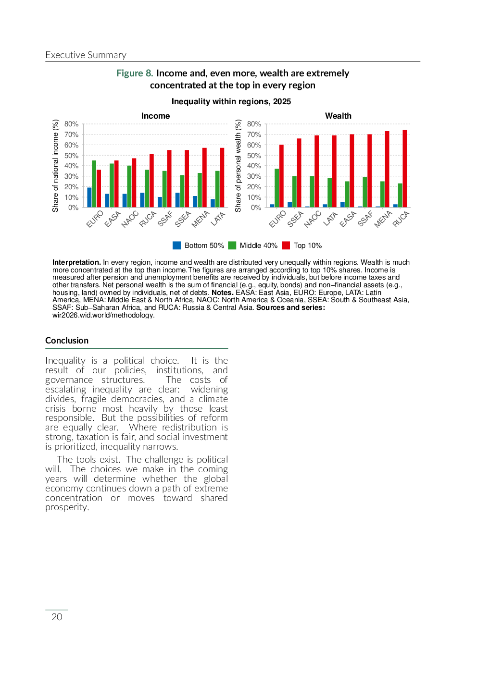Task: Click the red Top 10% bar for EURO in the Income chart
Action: pos(99,189)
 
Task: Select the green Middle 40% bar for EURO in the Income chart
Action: pos(94,184)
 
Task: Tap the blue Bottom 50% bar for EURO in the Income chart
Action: pos(89,197)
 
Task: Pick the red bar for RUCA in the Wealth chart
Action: pos(405,169)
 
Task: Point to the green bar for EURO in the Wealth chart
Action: pos(277,188)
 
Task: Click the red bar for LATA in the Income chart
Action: pos(222,178)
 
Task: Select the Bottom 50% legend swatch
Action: pos(177,245)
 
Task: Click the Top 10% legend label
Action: pos(308,245)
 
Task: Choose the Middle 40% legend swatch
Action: pos(232,245)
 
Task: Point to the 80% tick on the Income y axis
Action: pos(71,124)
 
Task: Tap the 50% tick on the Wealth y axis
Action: pos(254,156)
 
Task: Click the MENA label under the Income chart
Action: pos(200,219)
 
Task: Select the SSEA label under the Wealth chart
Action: pos(295,219)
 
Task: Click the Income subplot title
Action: pos(155,116)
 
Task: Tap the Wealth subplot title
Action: pos(338,116)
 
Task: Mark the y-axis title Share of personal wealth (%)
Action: pos(238,166)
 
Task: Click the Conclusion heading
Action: pos(67,341)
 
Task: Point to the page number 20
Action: pos(57,617)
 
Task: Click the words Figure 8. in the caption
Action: pos(135,73)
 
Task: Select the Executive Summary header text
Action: pos(86,55)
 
